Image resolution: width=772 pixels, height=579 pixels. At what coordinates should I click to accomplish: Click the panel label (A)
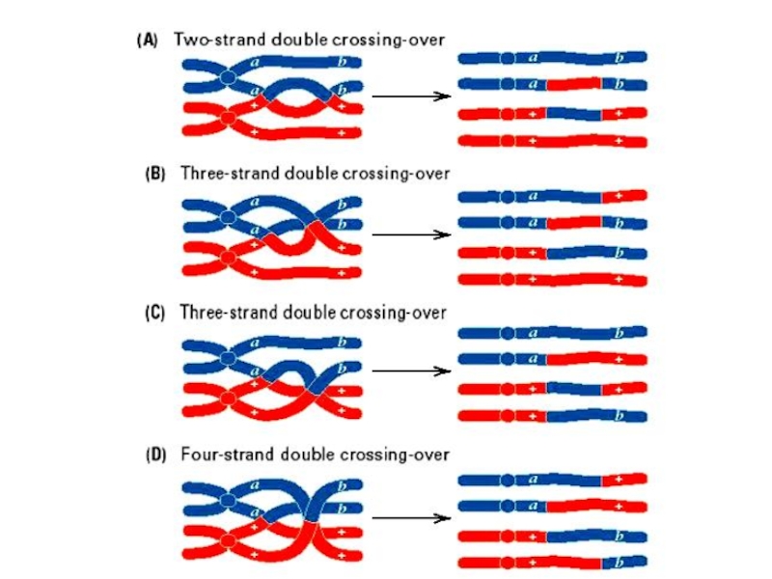(147, 40)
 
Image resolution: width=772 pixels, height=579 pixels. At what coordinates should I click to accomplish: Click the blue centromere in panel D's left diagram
(226, 499)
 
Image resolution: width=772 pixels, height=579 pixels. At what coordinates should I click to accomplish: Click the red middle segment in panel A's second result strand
(574, 84)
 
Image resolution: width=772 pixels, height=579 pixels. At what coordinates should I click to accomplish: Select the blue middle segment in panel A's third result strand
(574, 113)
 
